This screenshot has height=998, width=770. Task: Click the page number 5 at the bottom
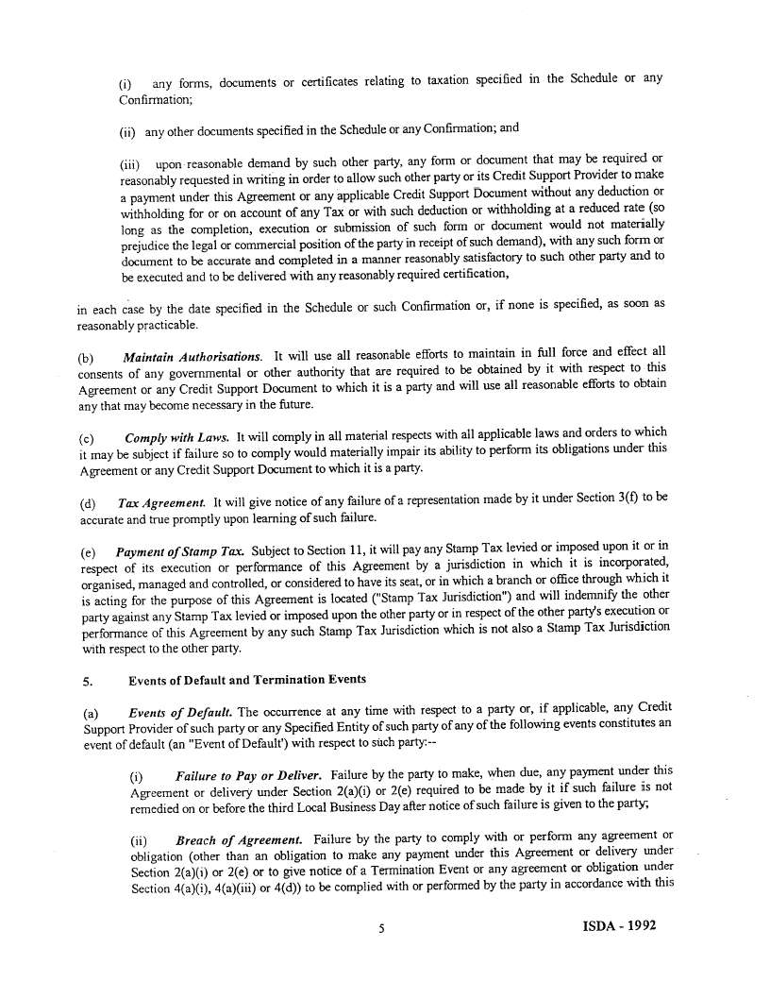[x=382, y=927]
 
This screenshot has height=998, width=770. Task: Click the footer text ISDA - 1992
[x=613, y=925]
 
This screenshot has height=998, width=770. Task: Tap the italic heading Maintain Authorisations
[x=192, y=356]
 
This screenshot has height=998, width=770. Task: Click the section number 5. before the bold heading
[x=87, y=680]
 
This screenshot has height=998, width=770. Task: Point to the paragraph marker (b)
[x=87, y=357]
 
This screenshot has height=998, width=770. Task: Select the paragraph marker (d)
[x=87, y=504]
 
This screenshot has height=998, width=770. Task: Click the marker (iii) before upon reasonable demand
[x=132, y=161]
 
